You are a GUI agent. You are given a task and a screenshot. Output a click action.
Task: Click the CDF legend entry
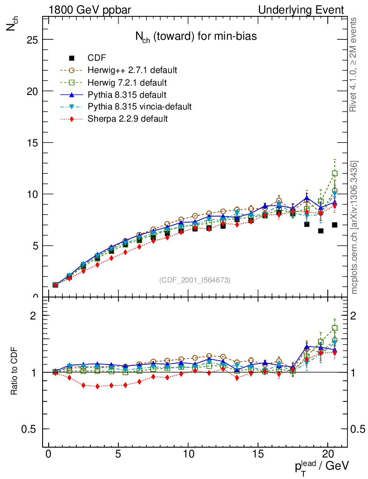pos(96,58)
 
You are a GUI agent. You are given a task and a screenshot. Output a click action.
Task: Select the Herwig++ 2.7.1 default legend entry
pos(132,70)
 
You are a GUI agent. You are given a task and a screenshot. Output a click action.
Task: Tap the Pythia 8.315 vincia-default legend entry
pos(140,107)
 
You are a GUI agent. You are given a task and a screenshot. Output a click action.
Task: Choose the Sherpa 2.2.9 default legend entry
pos(127,119)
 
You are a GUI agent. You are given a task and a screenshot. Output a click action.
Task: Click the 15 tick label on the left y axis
pos(31,143)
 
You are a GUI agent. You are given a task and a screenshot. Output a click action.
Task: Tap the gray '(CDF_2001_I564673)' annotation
pos(195,280)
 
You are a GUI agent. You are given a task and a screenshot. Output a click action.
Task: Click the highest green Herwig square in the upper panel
pos(335,173)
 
